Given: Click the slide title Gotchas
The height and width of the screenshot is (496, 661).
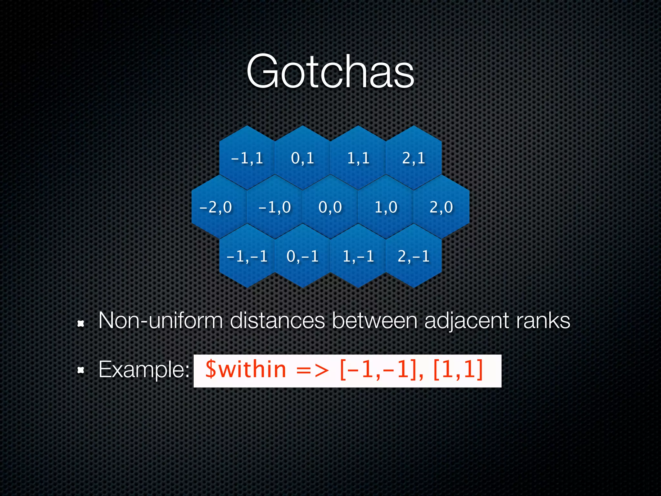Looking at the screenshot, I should point(330,71).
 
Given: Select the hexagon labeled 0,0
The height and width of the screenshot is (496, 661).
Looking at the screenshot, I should point(330,207).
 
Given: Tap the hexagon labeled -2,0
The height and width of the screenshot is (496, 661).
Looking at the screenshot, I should point(216,207).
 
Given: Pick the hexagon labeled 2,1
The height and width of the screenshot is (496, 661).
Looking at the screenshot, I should point(413,158).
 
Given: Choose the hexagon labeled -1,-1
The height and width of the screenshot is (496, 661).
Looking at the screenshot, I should point(247,256).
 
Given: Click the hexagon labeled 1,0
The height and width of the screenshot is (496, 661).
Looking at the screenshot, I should point(386,207).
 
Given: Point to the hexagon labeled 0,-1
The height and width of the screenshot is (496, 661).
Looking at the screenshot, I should point(302,256).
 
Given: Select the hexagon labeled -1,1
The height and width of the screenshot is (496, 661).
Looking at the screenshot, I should point(247,158).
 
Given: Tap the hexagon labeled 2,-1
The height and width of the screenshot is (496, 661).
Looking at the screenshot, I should point(413,256).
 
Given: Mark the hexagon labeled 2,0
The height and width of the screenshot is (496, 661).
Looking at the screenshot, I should point(441,207).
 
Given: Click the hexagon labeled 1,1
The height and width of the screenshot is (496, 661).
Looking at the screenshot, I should point(358,158).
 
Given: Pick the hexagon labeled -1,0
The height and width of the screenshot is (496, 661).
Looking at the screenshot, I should point(275,207).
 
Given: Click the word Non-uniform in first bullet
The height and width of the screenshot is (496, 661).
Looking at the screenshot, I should point(160,321).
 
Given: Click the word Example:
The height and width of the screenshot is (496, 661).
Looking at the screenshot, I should point(144,370).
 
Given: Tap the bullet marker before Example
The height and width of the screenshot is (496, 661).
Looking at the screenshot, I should point(81,370).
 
